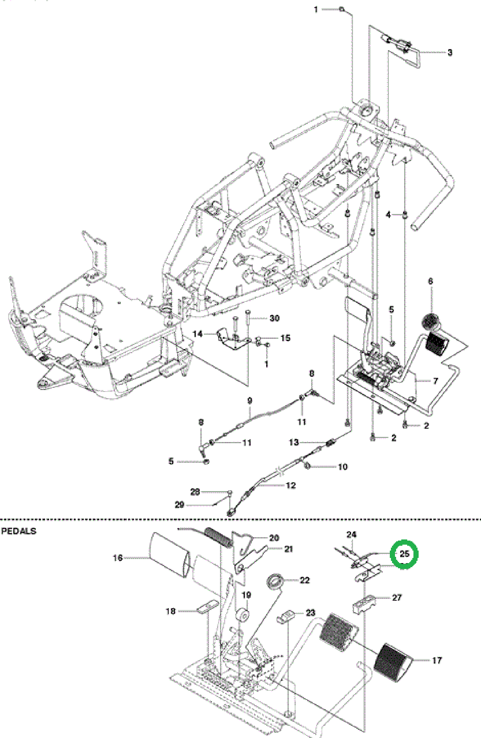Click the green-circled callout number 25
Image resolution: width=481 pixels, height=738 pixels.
pos(405,554)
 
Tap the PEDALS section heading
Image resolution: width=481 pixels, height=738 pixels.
pos(19,531)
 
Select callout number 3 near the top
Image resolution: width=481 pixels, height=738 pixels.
pos(450,52)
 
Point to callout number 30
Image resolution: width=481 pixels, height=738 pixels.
pos(275,318)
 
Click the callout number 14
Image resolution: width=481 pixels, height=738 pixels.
pos(197,334)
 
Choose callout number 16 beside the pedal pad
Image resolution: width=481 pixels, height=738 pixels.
pos(117,558)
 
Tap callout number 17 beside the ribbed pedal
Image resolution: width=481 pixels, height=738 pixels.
pos(437,660)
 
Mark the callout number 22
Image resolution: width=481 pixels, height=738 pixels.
pos(305,580)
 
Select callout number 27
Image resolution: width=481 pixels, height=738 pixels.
pos(397,597)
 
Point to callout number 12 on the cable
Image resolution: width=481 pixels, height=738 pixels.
pos(291,485)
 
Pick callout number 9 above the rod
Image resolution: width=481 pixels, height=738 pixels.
pos(250,400)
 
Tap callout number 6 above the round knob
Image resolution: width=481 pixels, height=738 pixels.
pos(430,281)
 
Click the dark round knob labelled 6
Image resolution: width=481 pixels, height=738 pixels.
pos(429,321)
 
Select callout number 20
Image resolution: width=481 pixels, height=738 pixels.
pos(274,538)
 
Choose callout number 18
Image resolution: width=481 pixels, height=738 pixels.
pos(170,611)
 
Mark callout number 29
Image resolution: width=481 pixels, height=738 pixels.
pos(179,504)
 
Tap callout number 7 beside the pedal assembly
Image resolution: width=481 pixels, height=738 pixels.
pos(436,380)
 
